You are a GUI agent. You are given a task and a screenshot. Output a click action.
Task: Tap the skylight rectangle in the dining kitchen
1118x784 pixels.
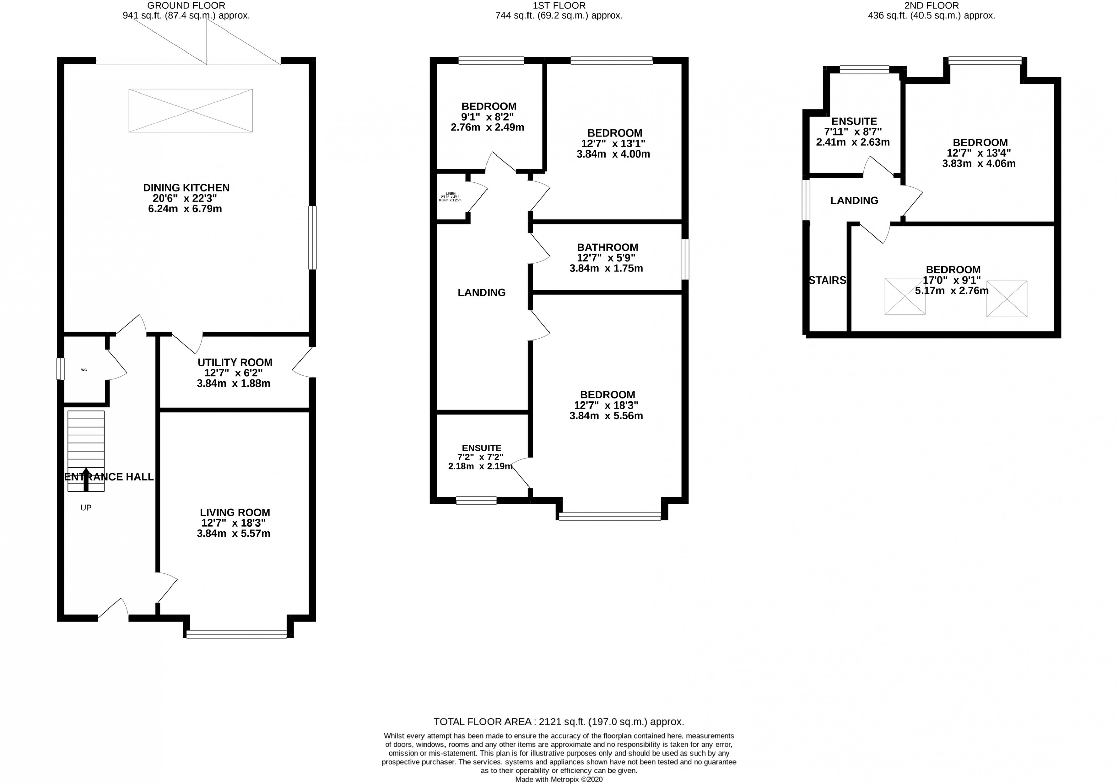pos(190,110)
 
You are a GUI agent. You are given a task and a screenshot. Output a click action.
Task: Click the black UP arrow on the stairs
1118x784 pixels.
pos(86,480)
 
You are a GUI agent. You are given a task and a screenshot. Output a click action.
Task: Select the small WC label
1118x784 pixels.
pos(84,370)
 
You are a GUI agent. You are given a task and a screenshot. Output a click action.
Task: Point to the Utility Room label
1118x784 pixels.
pos(235,362)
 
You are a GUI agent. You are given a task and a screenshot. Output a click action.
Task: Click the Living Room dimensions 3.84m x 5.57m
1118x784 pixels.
pos(233,533)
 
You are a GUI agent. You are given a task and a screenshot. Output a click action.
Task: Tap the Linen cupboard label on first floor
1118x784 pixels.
pos(450,193)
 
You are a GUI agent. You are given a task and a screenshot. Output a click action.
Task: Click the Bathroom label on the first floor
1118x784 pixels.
pos(607,247)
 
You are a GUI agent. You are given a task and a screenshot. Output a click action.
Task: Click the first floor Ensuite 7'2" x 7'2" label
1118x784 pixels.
pos(481,448)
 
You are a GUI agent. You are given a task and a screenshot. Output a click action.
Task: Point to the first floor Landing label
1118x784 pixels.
pos(481,293)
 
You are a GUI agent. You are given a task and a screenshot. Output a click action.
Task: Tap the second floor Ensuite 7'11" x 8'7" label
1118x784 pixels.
pos(854,121)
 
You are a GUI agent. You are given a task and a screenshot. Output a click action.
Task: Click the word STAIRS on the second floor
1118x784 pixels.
pos(827,281)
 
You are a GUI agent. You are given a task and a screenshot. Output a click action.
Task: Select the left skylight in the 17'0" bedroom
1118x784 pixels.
pos(904,296)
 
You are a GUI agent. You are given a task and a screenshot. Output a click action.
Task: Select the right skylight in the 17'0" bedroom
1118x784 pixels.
pos(1007,298)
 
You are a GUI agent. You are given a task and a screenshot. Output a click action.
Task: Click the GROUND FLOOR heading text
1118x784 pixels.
pos(186,6)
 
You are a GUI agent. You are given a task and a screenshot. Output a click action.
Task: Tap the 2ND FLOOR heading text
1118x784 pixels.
pos(931,6)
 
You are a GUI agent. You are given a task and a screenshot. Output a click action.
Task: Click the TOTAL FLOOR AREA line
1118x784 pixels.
pos(559,722)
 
